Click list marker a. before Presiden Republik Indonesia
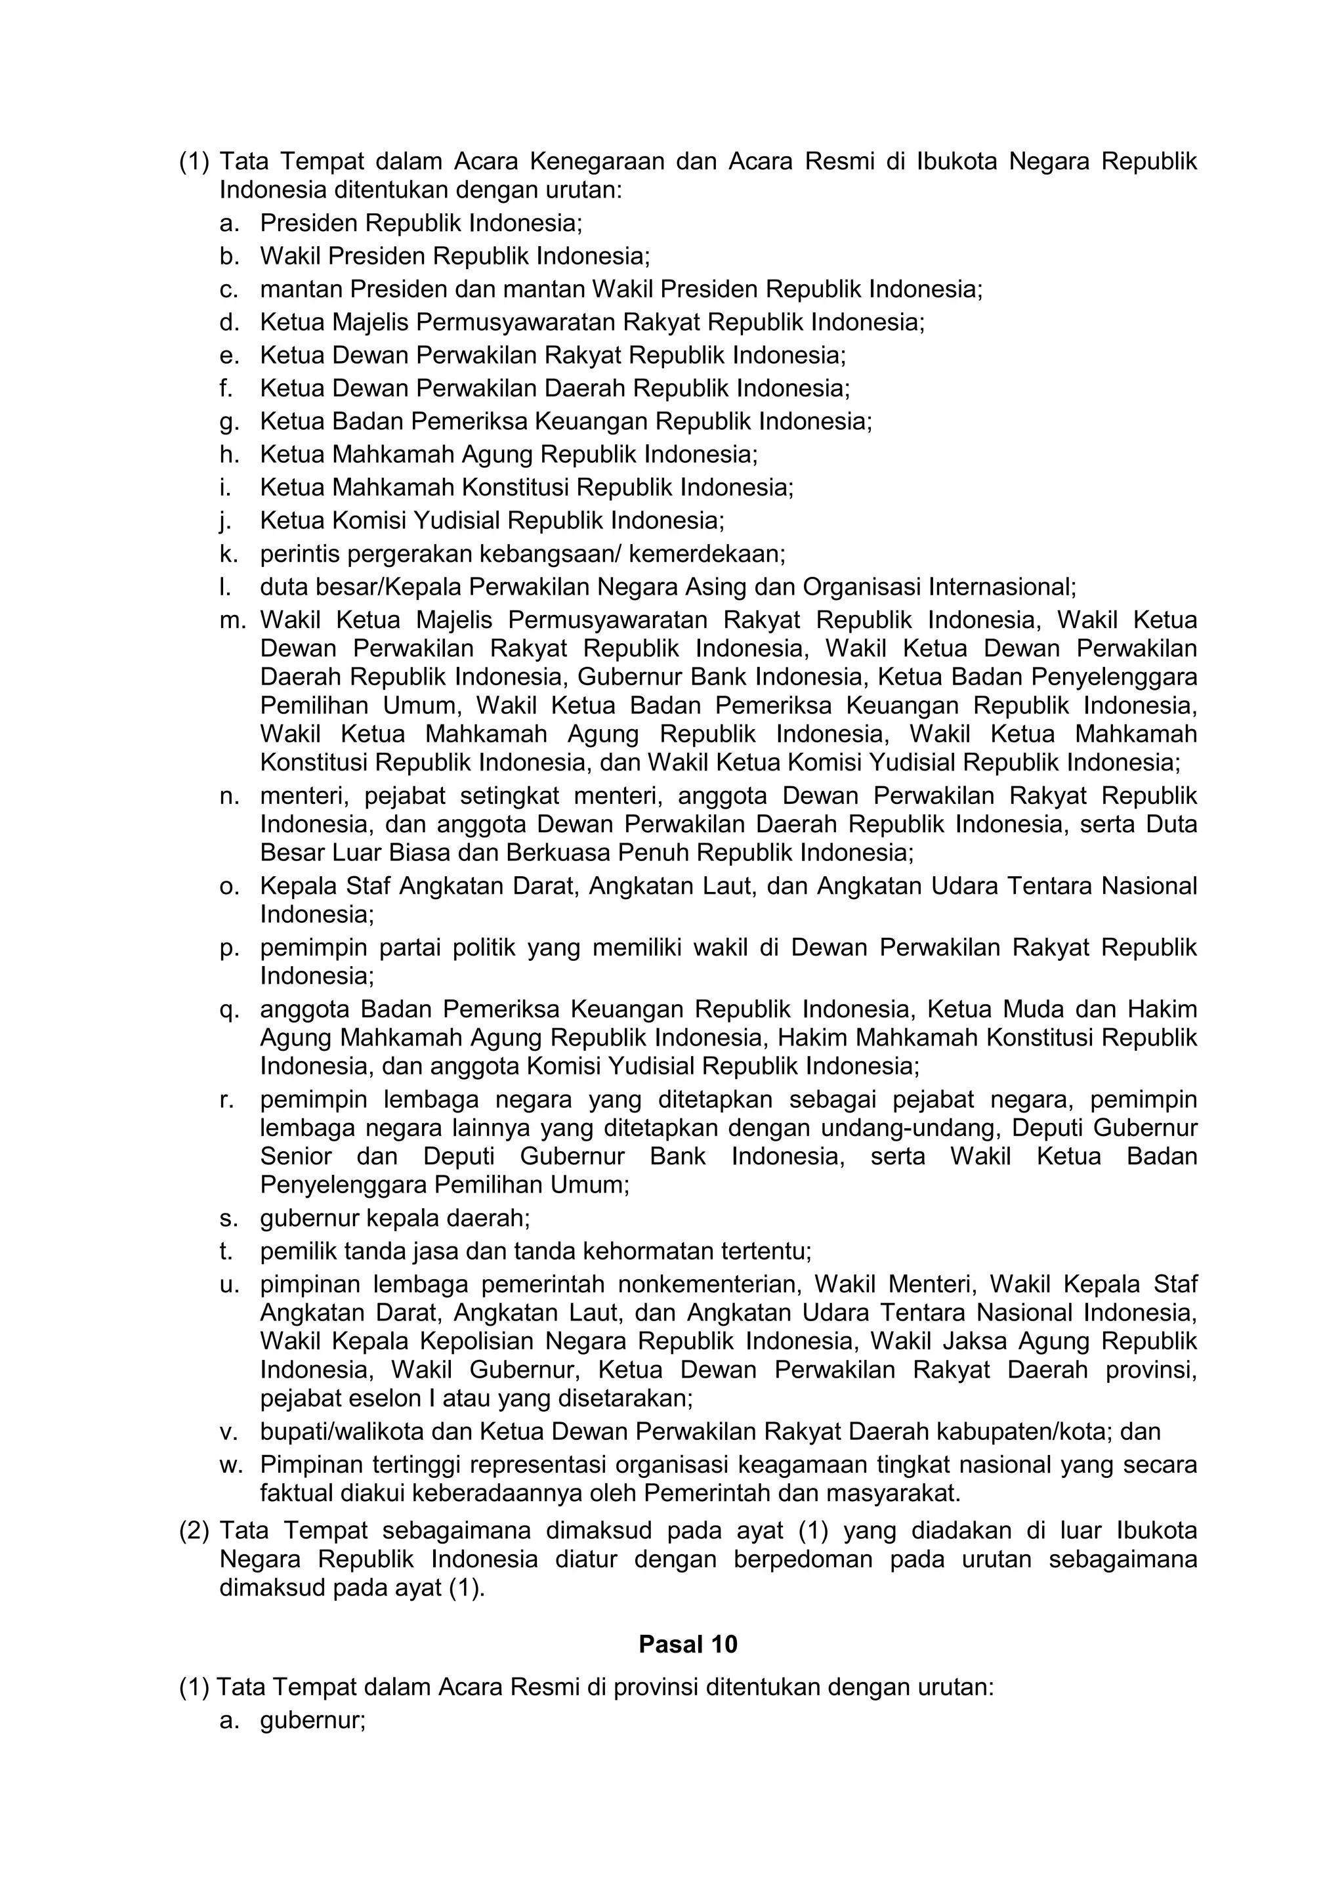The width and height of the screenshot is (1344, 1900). [x=228, y=223]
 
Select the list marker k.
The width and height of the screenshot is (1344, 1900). [x=228, y=554]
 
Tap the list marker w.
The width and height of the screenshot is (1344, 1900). [x=231, y=1464]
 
